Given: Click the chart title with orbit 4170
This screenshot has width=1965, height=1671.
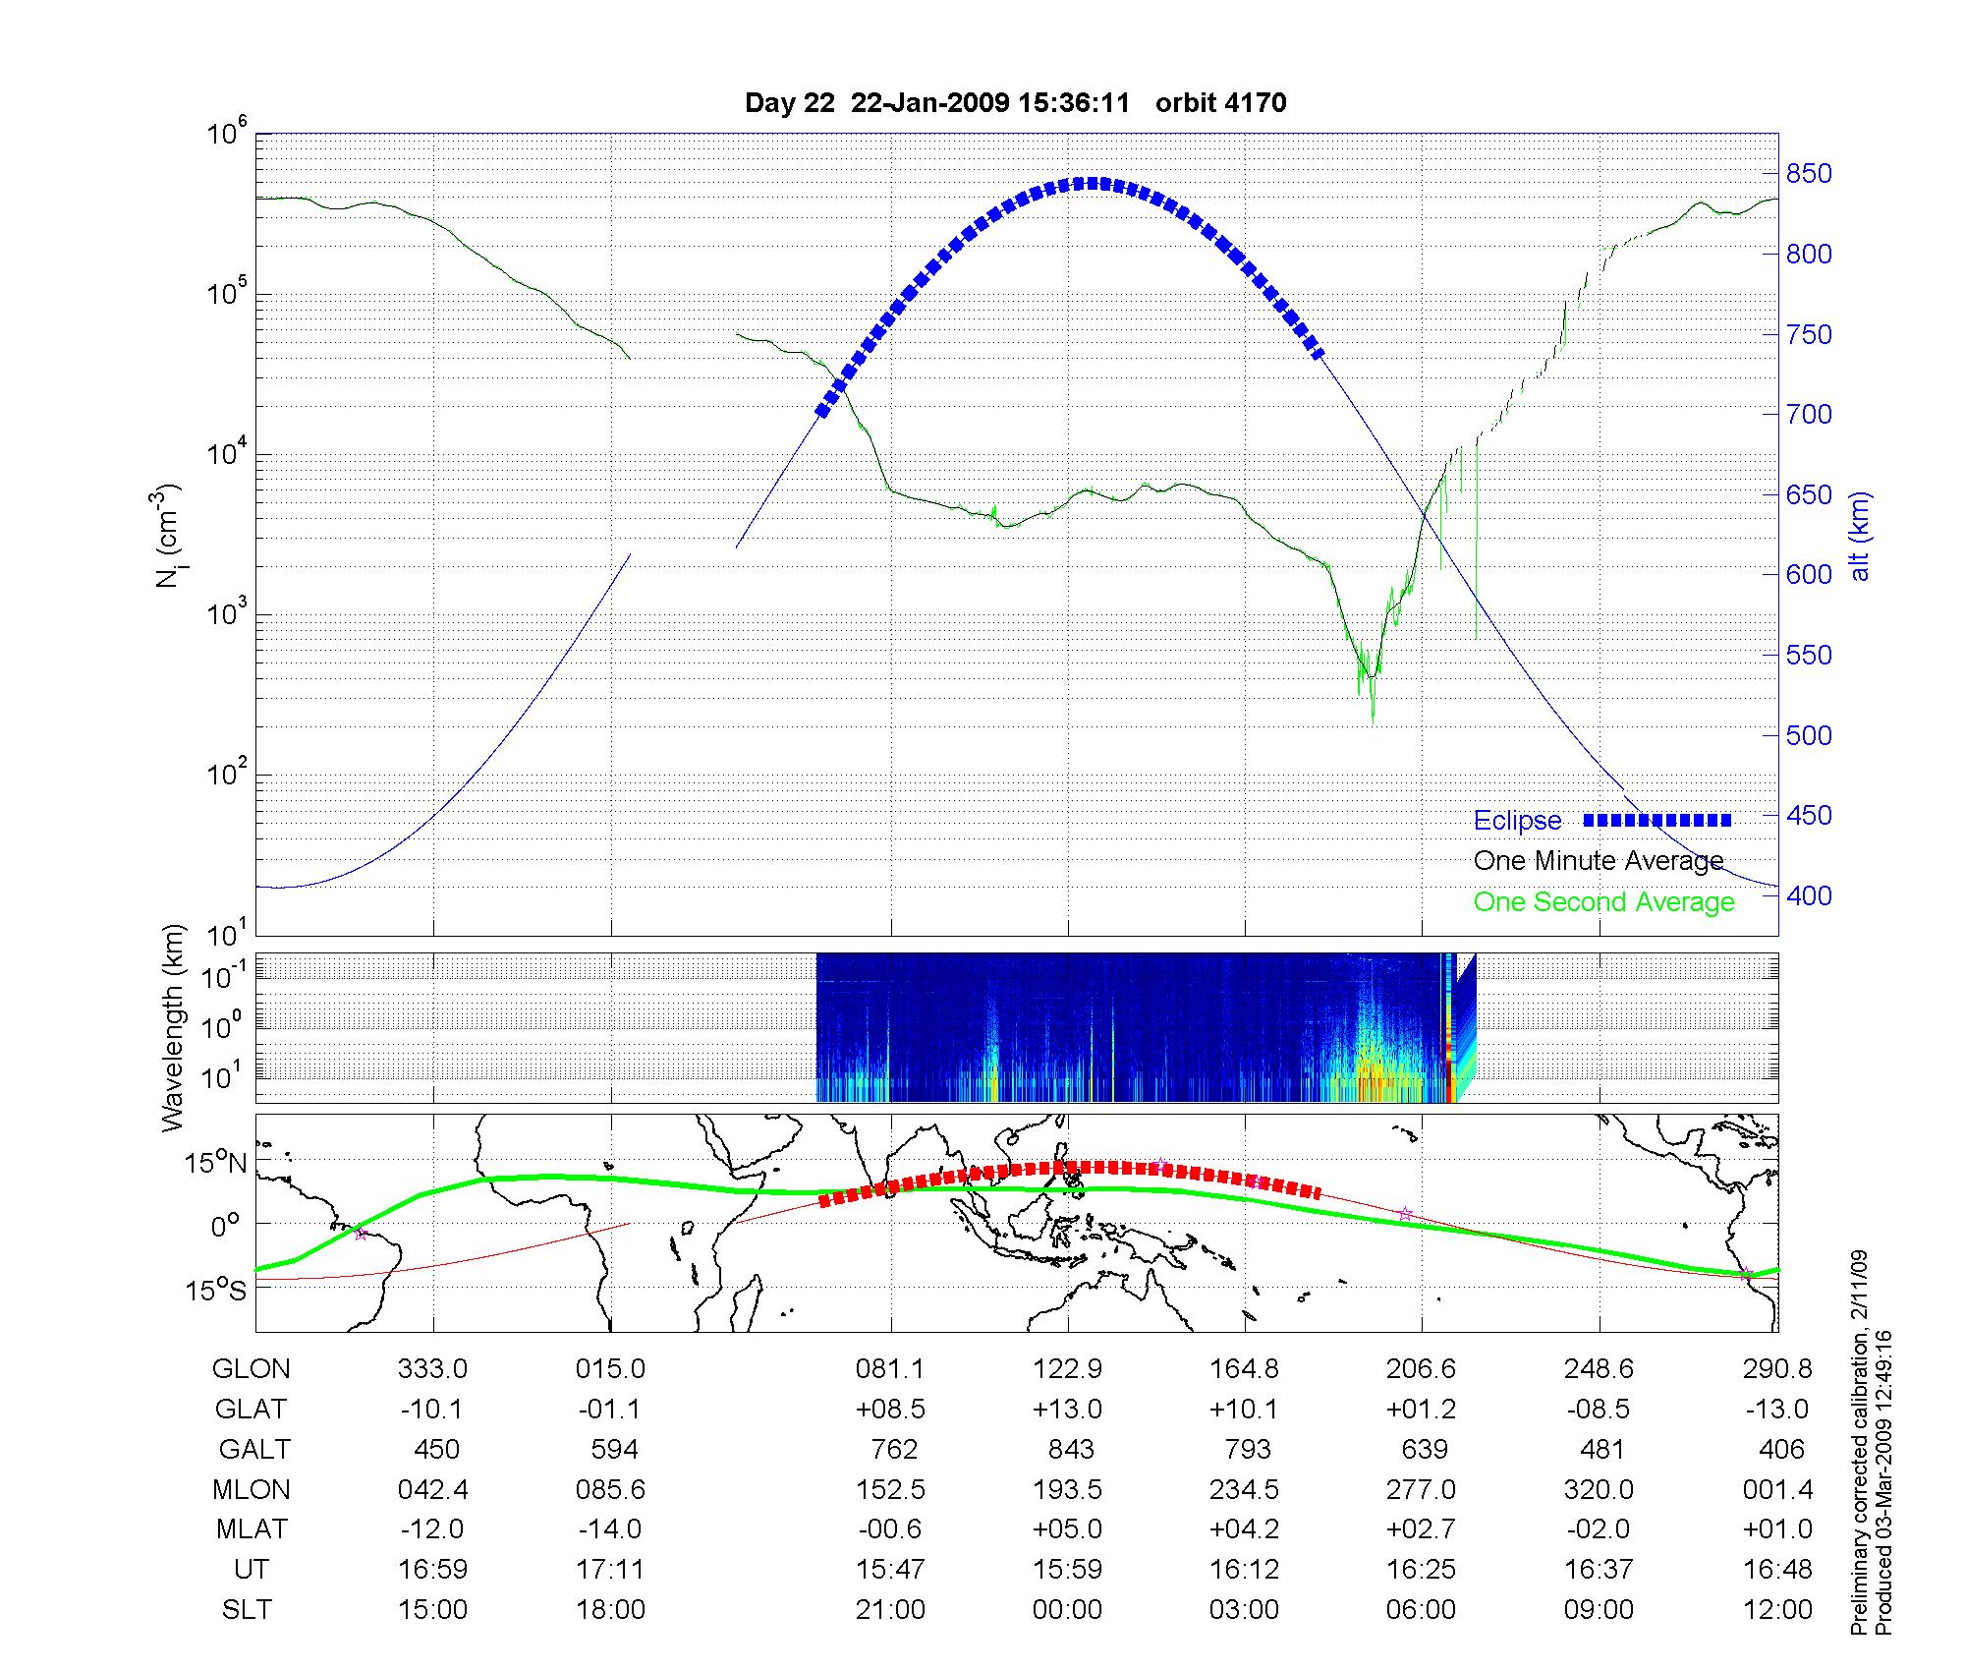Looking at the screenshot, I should [x=1015, y=103].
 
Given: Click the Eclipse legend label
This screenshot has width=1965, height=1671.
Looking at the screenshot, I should [x=1517, y=821].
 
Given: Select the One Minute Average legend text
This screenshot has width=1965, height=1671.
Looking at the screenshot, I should [x=1599, y=861].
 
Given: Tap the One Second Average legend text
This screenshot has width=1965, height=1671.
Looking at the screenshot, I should [x=1603, y=902].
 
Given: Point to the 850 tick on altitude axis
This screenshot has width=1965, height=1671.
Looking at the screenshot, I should [x=1809, y=174].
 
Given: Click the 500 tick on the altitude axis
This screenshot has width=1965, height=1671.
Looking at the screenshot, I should [x=1809, y=735].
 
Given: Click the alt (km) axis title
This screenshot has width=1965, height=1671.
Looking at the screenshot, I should [x=1860, y=536].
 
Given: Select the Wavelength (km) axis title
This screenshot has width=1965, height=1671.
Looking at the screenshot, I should [x=173, y=1027].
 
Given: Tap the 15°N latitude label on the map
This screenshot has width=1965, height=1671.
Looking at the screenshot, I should [x=216, y=1164].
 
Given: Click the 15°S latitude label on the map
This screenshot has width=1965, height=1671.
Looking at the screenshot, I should [x=216, y=1290].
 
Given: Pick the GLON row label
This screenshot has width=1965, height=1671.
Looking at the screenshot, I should [x=251, y=1369].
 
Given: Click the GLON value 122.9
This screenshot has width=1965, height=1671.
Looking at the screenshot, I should [x=1067, y=1369].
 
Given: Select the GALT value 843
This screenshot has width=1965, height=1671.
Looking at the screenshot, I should [x=1070, y=1450].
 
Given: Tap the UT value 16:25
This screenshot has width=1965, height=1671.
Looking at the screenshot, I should [x=1421, y=1570].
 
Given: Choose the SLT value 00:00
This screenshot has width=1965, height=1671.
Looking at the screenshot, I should [x=1067, y=1610].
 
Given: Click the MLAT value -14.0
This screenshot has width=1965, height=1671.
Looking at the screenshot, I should [x=610, y=1529].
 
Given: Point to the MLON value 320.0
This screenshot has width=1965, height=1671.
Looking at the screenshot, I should [x=1599, y=1490].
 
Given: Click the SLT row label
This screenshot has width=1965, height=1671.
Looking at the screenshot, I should [x=247, y=1610].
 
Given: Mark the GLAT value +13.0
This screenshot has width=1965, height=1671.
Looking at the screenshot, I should [x=1067, y=1410].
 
